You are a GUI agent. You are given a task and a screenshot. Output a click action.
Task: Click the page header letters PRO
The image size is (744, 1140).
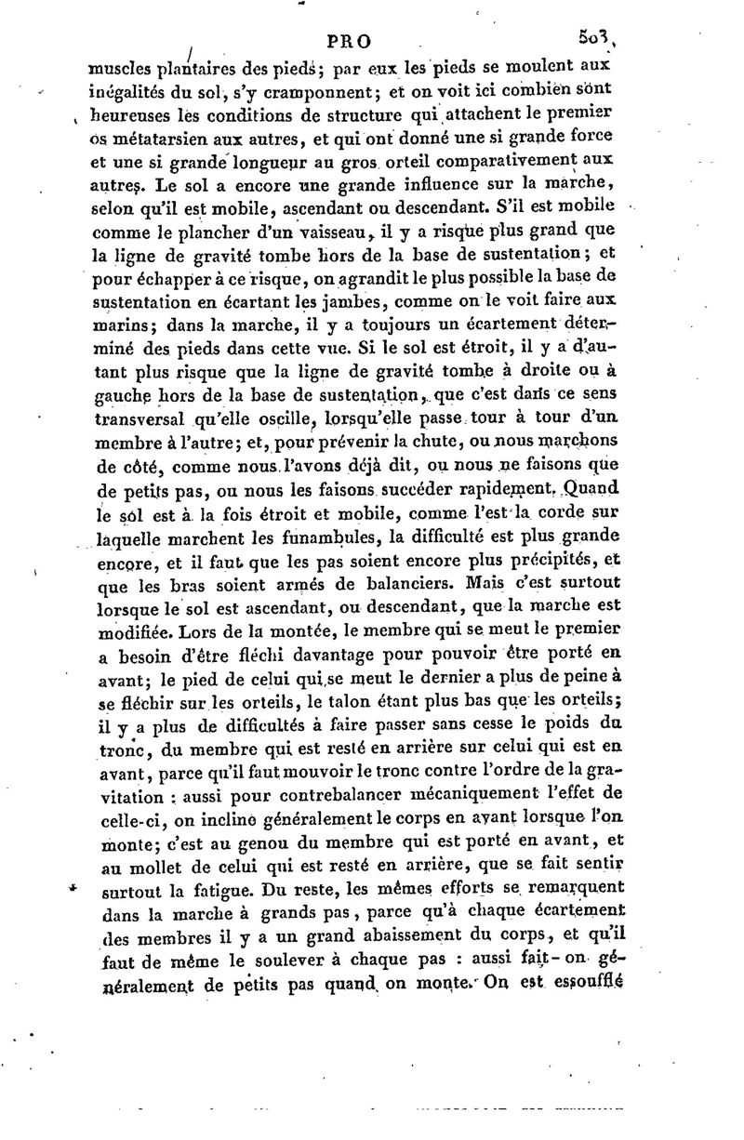[349, 41]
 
